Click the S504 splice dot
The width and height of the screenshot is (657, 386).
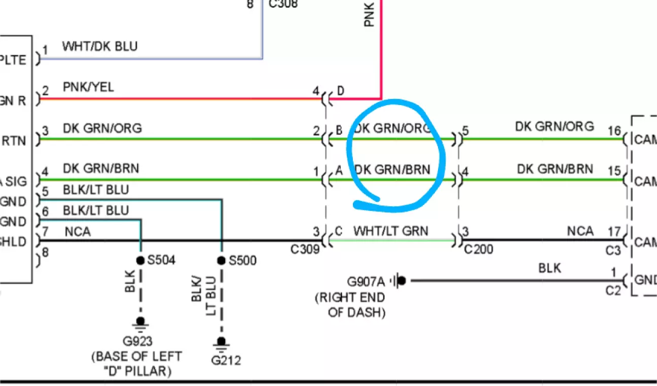pyautogui.click(x=140, y=260)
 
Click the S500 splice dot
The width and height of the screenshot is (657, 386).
pyautogui.click(x=221, y=260)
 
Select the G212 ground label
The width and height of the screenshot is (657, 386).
pyautogui.click(x=226, y=361)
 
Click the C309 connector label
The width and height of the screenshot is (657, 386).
pyautogui.click(x=305, y=249)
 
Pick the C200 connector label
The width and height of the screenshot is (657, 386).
pyautogui.click(x=479, y=249)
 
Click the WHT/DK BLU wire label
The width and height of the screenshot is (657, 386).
pyautogui.click(x=100, y=47)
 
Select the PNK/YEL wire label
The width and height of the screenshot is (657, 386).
pyautogui.click(x=88, y=87)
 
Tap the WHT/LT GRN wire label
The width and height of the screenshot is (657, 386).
pyautogui.click(x=391, y=231)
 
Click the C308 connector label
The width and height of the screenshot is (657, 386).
pyautogui.click(x=283, y=5)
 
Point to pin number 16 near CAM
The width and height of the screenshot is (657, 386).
pyautogui.click(x=614, y=131)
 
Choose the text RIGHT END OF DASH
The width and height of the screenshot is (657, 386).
pyautogui.click(x=350, y=305)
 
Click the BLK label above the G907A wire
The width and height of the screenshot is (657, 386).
pyautogui.click(x=550, y=268)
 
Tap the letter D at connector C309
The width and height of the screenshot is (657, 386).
pyautogui.click(x=341, y=91)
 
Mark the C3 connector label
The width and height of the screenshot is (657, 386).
pyautogui.click(x=613, y=251)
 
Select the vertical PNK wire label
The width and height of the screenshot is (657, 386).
pyautogui.click(x=370, y=15)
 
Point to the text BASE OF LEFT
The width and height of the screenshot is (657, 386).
pyautogui.click(x=136, y=357)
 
